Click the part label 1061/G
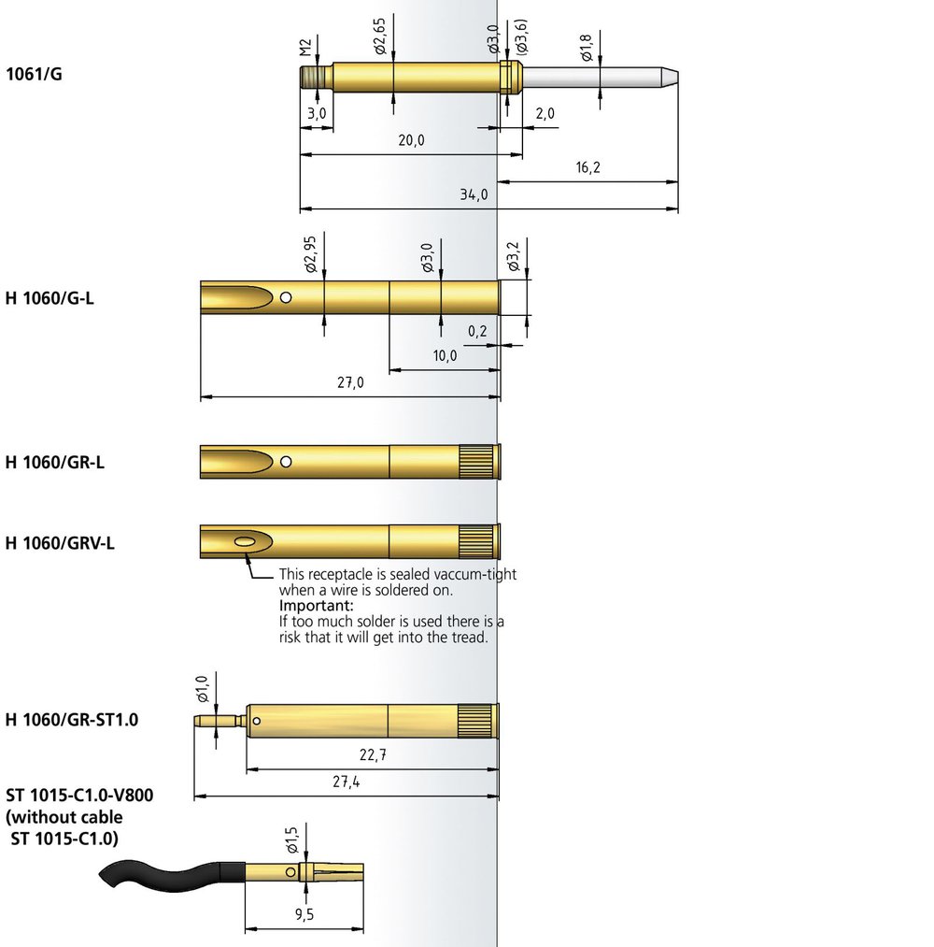[x=34, y=74]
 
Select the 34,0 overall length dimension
[x=474, y=194]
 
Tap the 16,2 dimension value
[x=587, y=167]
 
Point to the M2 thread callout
[x=305, y=48]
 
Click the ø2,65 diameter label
[x=379, y=36]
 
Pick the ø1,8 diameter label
[x=587, y=48]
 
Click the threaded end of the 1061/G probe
[x=315, y=78]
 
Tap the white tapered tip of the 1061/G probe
[x=670, y=78]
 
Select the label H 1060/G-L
[x=50, y=298]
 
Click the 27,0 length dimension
[x=350, y=383]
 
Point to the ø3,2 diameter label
[x=513, y=257]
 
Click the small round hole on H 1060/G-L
[x=286, y=297]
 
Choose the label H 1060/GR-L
[x=55, y=462]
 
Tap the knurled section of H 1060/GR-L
[x=476, y=462]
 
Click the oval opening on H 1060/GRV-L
[x=244, y=542]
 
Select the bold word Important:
[x=317, y=606]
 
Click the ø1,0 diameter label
[x=202, y=689]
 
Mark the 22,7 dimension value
[x=373, y=755]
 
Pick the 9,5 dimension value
[x=304, y=914]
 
